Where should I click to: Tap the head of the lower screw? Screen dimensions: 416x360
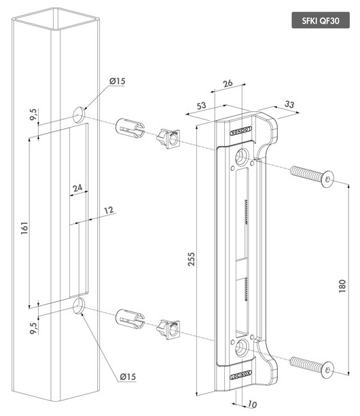329,369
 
